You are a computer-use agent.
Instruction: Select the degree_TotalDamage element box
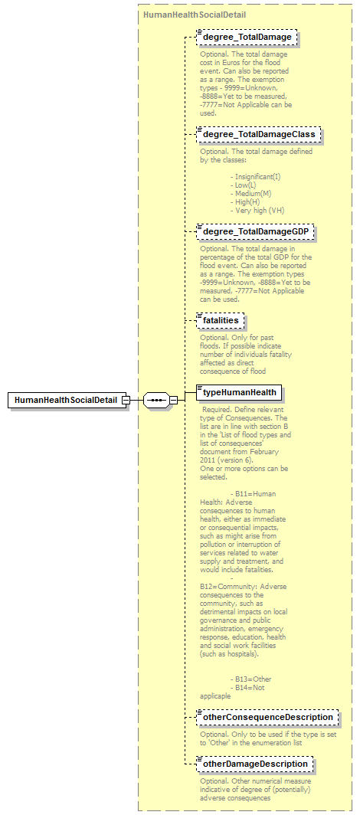tap(247, 37)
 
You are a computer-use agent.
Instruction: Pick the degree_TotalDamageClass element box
tap(258, 135)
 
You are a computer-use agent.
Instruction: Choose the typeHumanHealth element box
tap(239, 393)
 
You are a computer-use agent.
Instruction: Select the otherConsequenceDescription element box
tap(267, 718)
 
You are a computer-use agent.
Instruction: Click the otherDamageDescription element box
tap(255, 764)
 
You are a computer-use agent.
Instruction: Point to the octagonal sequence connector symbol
tap(156, 400)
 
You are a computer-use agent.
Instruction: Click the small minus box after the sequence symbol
tap(174, 400)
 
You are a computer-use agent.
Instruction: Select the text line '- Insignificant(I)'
tap(255, 177)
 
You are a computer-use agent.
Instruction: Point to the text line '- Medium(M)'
tap(250, 194)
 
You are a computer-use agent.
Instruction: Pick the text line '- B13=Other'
tap(250, 679)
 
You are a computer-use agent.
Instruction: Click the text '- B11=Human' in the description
tap(253, 494)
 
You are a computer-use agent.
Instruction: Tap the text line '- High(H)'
tap(247, 202)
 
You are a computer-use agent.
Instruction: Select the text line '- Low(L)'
tap(245, 185)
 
